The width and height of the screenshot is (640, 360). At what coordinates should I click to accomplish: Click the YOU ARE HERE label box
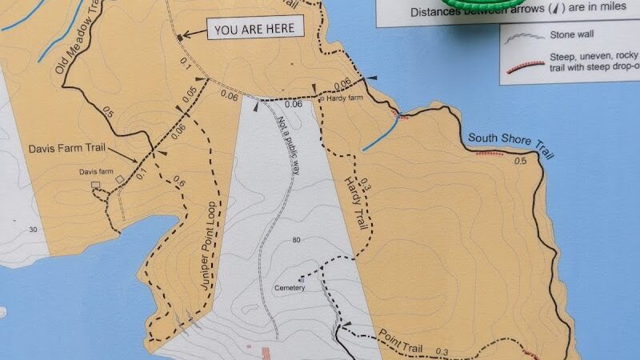point(257,30)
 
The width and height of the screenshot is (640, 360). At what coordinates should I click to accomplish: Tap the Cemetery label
point(289,288)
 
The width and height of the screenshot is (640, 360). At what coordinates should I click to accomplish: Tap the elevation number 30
point(33,230)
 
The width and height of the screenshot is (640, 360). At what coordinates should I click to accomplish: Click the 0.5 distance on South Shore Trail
point(522,161)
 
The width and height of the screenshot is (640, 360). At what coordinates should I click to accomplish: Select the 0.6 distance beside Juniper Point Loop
point(178,183)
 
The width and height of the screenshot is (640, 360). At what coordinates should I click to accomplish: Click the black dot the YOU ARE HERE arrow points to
point(179,37)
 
